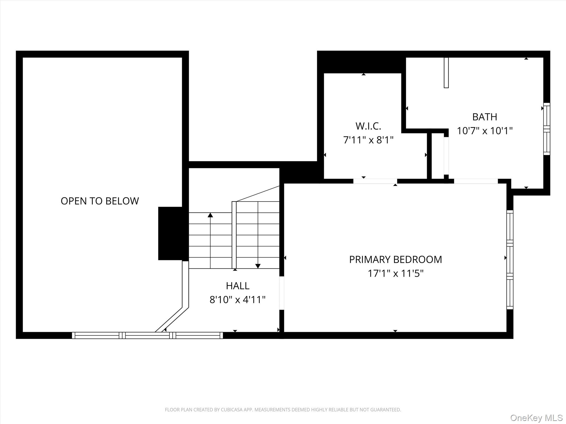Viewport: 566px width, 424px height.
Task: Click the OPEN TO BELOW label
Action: pos(99,201)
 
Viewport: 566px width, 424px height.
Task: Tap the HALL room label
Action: pos(238,286)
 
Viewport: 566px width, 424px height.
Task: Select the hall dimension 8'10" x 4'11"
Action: pos(238,300)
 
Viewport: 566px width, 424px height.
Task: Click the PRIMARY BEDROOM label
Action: pos(395,259)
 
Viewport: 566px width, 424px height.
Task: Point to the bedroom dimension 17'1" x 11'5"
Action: pos(395,274)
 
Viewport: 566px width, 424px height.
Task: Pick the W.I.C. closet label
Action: pos(368,126)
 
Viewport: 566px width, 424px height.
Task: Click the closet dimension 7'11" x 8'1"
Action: pos(368,140)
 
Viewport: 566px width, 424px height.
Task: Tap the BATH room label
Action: pos(484,117)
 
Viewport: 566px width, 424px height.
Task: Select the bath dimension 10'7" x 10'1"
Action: pos(484,131)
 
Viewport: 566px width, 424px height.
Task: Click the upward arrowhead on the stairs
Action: pos(210,215)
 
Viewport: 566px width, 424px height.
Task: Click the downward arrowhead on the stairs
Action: pos(258,266)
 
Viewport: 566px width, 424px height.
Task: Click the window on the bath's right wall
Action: pos(547,129)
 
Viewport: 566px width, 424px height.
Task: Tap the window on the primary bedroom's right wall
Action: pos(510,260)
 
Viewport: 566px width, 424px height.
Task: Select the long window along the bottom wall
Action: pos(147,335)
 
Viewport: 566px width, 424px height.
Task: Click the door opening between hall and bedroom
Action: pos(282,293)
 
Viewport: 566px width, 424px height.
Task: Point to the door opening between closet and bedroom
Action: pos(375,181)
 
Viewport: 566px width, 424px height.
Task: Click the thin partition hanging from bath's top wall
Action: pos(446,73)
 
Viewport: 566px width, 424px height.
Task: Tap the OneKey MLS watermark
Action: pos(536,418)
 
